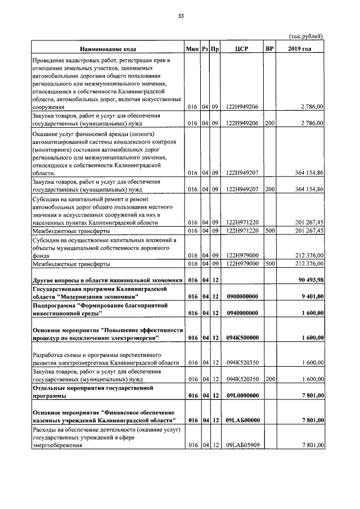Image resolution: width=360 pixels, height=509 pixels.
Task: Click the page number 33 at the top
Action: coord(181,16)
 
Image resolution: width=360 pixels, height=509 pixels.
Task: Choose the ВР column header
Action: coord(269,49)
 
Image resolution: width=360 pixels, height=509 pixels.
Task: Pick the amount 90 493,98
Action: coord(309,280)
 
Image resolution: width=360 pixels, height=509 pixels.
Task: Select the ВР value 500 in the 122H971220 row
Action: coord(270,231)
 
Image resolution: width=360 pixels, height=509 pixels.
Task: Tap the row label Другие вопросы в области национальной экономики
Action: coord(107,280)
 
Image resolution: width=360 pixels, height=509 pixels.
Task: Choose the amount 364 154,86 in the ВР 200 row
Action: coord(309,189)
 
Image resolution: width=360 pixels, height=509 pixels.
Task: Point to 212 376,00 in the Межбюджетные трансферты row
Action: coord(309,263)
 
